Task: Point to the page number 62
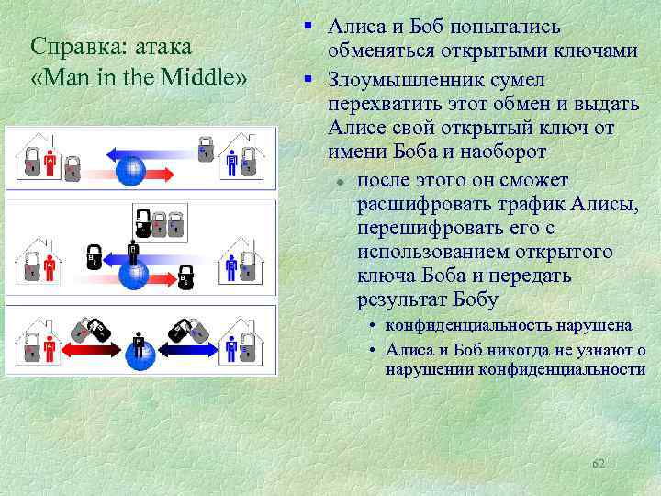(599, 464)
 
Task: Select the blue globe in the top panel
(133, 168)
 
